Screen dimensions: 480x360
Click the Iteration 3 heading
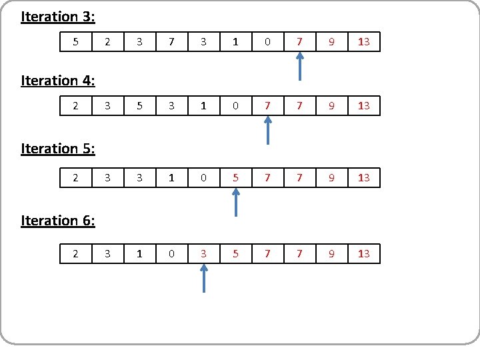tap(58, 16)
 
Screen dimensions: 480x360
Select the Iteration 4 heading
tap(58, 81)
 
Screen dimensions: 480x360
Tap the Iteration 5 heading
tap(58, 149)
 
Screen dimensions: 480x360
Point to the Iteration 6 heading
tap(58, 220)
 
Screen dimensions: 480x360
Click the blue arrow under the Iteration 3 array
tap(299, 67)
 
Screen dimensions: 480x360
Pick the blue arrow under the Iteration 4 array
tap(267, 131)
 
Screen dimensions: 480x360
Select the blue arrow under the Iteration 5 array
tap(235, 203)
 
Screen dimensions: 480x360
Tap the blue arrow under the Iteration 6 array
tap(204, 279)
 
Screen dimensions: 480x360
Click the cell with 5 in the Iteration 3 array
tap(75, 42)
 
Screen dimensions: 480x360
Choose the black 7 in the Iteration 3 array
tap(171, 42)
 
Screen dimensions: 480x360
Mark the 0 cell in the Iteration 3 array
tap(267, 42)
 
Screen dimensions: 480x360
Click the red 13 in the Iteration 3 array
tap(363, 42)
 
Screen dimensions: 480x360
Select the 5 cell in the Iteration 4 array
tap(139, 105)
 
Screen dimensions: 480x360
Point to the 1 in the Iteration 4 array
tap(203, 105)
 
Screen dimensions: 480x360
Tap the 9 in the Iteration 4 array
tap(331, 105)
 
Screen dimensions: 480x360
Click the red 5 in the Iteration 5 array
tap(235, 177)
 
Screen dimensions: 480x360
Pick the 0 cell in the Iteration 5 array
tap(203, 177)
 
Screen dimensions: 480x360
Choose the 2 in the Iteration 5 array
tap(75, 177)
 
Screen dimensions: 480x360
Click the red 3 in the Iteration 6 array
tap(203, 253)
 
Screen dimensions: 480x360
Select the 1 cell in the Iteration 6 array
tap(139, 253)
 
